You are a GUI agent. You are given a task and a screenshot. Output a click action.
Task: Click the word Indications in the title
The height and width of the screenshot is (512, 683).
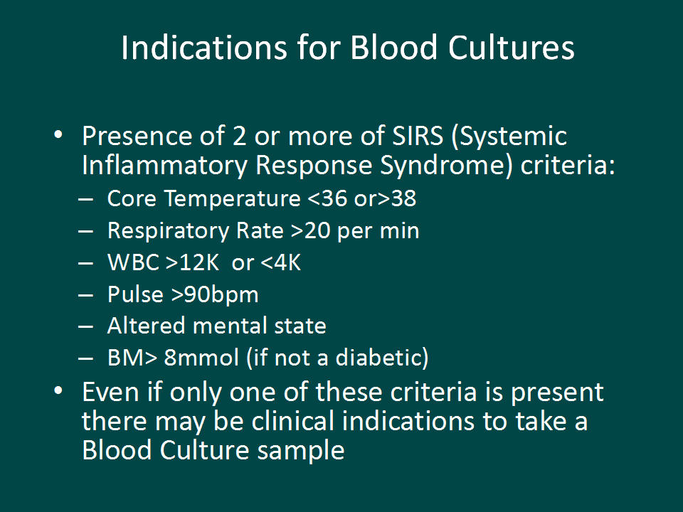pos(204,48)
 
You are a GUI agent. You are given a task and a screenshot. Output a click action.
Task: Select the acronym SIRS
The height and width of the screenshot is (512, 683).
pos(418,136)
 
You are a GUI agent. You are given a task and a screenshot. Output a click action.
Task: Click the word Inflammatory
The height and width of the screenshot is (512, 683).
pos(164,166)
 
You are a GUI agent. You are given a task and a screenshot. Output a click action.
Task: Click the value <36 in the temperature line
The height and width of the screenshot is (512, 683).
pos(327,199)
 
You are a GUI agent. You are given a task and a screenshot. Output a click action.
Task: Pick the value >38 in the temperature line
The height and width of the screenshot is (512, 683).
pos(397,199)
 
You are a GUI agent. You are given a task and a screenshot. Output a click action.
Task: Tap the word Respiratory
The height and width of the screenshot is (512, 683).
pos(168,231)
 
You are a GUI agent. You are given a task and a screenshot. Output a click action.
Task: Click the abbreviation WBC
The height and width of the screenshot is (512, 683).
pos(134,262)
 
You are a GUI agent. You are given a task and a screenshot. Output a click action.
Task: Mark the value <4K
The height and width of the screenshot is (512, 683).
pos(280,262)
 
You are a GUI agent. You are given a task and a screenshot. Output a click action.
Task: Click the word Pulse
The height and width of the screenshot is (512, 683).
pos(135,294)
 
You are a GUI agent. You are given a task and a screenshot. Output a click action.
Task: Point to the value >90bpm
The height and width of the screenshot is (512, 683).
pos(215,295)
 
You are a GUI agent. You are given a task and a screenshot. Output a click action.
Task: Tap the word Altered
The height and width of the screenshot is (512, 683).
pos(146,326)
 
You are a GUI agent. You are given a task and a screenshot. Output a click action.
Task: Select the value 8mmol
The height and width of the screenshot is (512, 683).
pos(201,358)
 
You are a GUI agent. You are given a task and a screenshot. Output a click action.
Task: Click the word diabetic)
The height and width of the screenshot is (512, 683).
pos(382,358)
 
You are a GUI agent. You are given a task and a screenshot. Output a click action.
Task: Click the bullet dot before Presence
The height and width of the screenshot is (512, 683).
pos(58,134)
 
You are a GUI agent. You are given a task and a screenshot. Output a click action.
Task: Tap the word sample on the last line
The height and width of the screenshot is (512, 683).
pos(301,452)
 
